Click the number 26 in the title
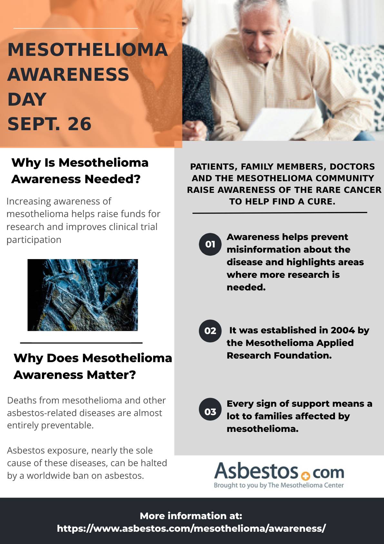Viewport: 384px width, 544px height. (x=79, y=124)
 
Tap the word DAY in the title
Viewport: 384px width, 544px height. (x=27, y=99)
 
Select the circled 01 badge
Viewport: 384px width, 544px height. (x=210, y=244)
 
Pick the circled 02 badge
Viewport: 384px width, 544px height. (x=210, y=331)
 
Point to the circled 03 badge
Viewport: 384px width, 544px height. (x=210, y=411)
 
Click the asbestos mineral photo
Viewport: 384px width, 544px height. (x=83, y=295)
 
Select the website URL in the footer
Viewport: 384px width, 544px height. (x=191, y=528)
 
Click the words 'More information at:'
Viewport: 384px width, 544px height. (x=191, y=516)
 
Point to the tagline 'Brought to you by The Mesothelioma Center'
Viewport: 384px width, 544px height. (x=279, y=485)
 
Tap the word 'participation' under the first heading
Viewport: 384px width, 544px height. (x=34, y=240)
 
